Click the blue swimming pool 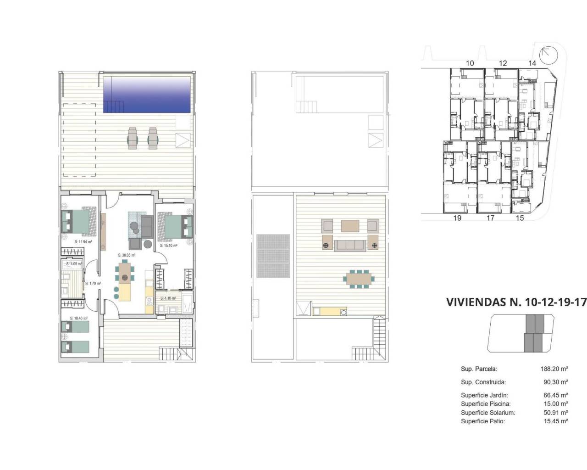click(146, 94)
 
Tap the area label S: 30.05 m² click(127, 255)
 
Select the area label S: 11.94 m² click(83, 241)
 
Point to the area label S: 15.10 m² click(168, 246)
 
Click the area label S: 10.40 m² click(78, 318)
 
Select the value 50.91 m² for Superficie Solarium click(555, 413)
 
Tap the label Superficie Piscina click(485, 404)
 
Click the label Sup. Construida click(483, 382)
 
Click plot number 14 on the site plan click(532, 63)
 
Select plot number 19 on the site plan click(457, 218)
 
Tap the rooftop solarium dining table click(360, 279)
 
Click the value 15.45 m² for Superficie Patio click(555, 421)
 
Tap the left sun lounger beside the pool click(133, 137)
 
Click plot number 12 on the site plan click(503, 63)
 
